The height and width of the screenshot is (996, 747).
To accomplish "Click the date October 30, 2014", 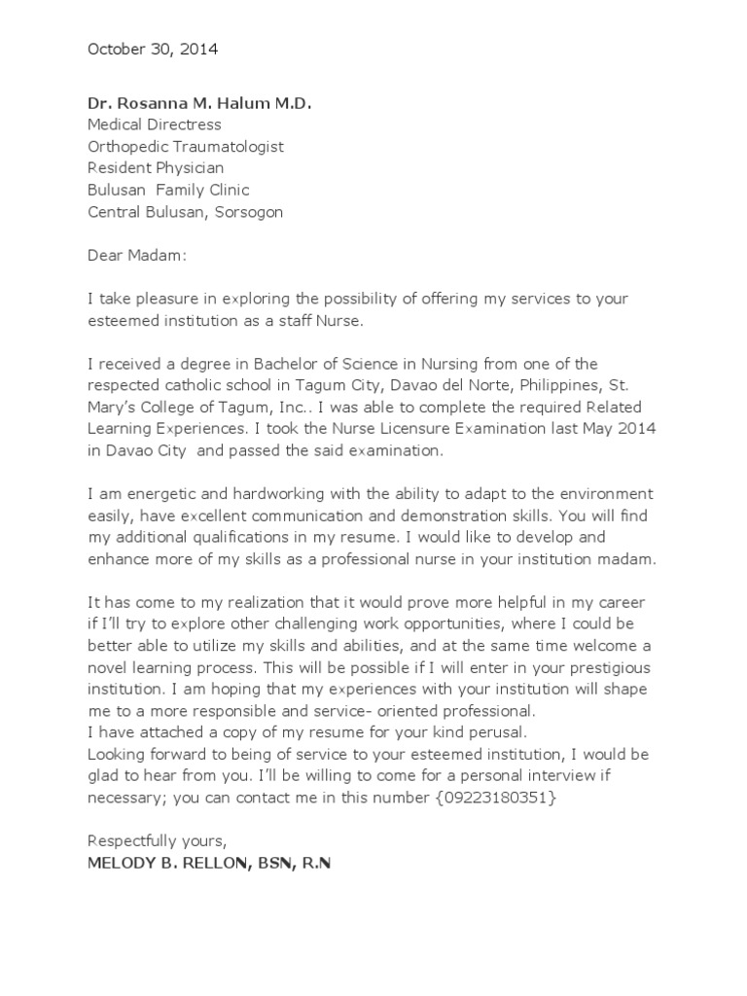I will [153, 48].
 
